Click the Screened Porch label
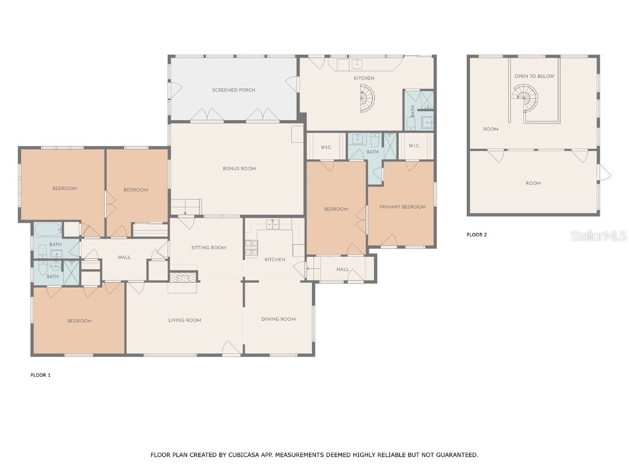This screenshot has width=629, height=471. [x=233, y=90]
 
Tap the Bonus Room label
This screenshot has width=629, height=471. [x=239, y=169]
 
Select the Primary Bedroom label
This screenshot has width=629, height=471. [x=402, y=207]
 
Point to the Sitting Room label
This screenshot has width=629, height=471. [x=209, y=248]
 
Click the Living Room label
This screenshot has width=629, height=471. [x=184, y=320]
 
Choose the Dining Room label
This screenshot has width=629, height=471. [x=278, y=319]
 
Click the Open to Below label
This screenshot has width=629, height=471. [x=534, y=76]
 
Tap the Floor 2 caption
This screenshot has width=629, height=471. [x=477, y=235]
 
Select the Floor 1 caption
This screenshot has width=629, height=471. [x=41, y=375]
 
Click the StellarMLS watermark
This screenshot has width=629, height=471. [x=598, y=235]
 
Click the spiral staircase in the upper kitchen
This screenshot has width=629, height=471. [x=366, y=99]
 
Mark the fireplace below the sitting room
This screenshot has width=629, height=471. [x=183, y=277]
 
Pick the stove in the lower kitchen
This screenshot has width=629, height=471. [x=251, y=248]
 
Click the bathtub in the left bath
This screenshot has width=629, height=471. [x=48, y=230]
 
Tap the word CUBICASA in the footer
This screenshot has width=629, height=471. [x=244, y=455]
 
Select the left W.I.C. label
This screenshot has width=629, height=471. [x=326, y=147]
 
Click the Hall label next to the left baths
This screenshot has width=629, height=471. [x=124, y=258]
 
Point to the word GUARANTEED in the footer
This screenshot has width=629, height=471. [x=457, y=455]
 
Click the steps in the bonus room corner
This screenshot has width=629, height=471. [x=186, y=207]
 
